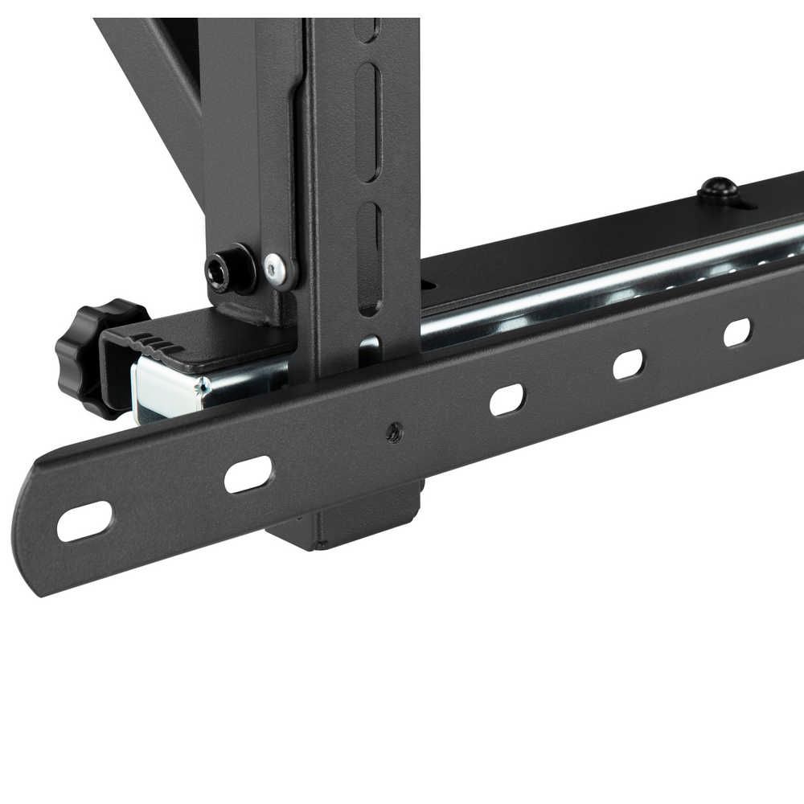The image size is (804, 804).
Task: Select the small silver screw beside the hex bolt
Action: pyautogui.click(x=277, y=269)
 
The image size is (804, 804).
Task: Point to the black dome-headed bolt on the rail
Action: pyautogui.click(x=717, y=190)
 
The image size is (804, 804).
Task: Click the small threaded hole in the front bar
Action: pyautogui.click(x=393, y=433)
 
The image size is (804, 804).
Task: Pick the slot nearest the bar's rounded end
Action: pyautogui.click(x=84, y=522)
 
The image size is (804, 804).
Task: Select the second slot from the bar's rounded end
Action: pyautogui.click(x=248, y=474)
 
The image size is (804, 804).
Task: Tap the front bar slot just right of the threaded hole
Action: pyautogui.click(x=507, y=400)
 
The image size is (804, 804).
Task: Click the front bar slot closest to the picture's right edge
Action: pyautogui.click(x=736, y=332)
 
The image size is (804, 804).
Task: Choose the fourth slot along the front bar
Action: pyautogui.click(x=628, y=364)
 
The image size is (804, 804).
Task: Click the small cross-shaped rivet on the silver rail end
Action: pyautogui.click(x=201, y=387)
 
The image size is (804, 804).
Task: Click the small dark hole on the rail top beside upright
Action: pyautogui.click(x=427, y=284)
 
